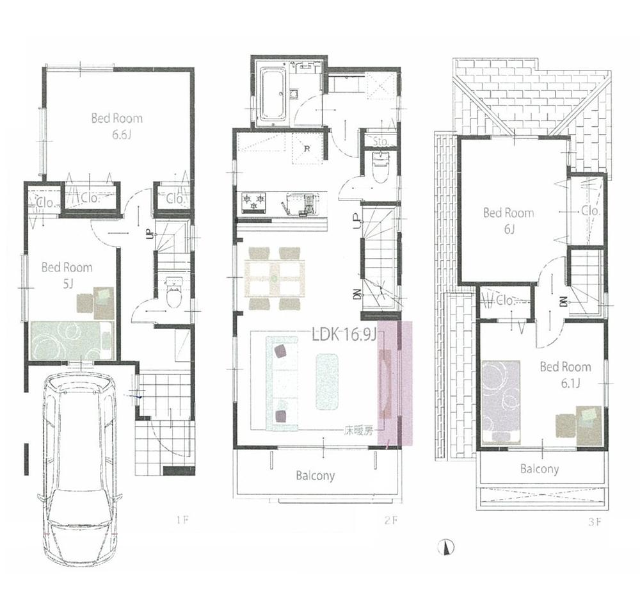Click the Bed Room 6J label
[508, 220]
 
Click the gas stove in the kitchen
[253, 204]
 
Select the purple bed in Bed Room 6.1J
[500, 398]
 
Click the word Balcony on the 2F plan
[315, 476]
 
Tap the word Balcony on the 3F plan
[540, 469]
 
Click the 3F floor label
[595, 521]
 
